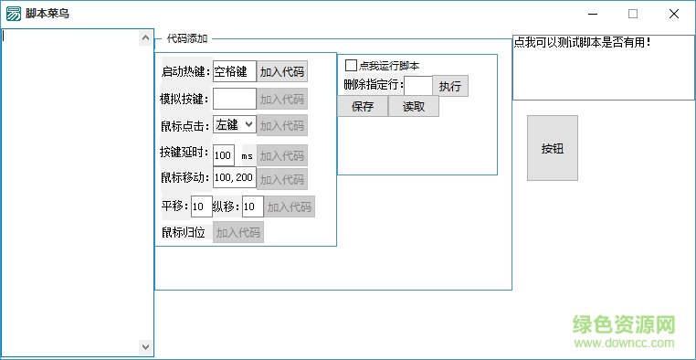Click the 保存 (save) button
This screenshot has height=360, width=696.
coord(363,107)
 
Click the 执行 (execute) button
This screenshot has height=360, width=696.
coord(450,86)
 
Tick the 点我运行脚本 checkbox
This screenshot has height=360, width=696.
coord(351,66)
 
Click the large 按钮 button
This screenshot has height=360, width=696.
coord(553,148)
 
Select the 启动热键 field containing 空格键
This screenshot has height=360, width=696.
coord(234,72)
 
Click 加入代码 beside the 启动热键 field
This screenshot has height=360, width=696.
coord(282,72)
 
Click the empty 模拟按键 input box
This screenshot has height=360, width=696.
coord(234,99)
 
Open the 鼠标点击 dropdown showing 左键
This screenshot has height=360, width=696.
coord(235,125)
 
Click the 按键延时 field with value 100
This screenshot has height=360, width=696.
coord(224,155)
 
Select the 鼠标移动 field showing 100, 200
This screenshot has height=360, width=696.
coord(234,178)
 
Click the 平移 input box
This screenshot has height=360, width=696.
coord(201,207)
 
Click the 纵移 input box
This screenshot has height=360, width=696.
coord(252,207)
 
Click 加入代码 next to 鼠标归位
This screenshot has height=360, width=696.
coord(238,233)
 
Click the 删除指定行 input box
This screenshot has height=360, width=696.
coord(417,86)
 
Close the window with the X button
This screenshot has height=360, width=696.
coord(674,14)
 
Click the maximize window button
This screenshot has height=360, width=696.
coord(633,14)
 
